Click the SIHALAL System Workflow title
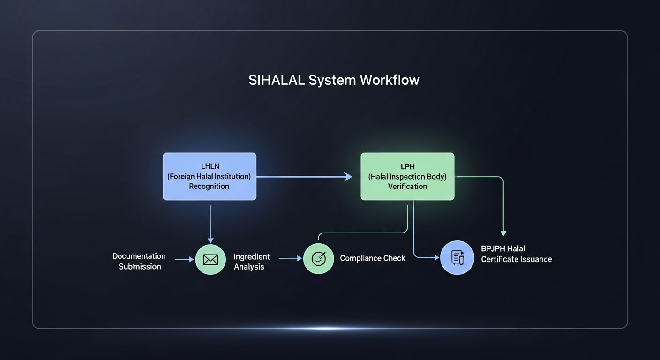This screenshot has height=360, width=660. pos(334,80)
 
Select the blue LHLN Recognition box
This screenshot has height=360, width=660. pos(210,176)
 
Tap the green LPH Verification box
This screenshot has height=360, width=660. pos(407,176)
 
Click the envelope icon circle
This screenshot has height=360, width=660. pos(210,260)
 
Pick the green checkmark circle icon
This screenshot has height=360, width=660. pos(318,259)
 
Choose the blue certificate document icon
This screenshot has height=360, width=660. pos(457,258)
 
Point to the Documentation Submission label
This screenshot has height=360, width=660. pos(139,261)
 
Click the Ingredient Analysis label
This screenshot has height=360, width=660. pos(251,262)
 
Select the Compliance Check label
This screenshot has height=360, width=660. pos(373,258)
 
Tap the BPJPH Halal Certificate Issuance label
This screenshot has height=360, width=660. pos(516,254)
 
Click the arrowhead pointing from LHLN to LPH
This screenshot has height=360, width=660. pos(348,177)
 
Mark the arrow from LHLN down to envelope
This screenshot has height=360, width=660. pos(210,225)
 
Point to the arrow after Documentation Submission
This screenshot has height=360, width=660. pos(184,259)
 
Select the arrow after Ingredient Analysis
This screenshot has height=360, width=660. pos(291,258)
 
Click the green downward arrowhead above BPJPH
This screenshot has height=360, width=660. pos(503,233)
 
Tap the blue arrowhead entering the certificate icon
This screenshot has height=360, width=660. pos(437,257)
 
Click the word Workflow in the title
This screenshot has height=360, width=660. pos(389,80)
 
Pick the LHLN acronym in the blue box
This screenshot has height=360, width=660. pos(210,166)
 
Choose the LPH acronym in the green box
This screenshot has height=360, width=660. pos(408,167)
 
